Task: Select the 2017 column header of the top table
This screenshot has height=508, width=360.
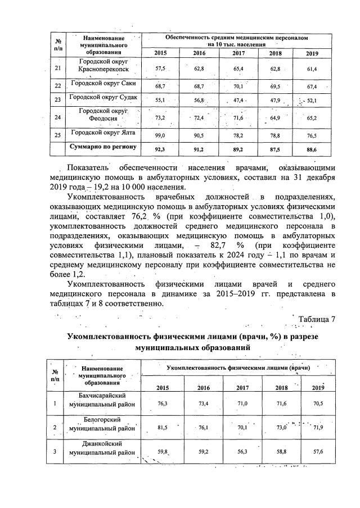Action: click(x=238, y=53)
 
